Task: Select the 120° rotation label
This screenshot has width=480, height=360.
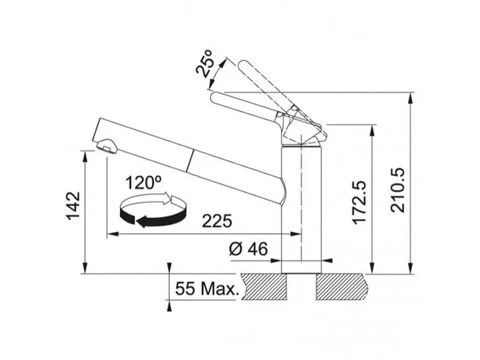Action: coord(143,183)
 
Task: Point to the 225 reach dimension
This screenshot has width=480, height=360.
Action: coord(217,221)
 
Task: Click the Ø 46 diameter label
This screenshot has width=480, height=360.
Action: coord(248,248)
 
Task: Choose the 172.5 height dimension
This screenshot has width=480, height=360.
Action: coord(359,202)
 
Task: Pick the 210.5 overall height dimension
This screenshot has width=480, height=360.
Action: coord(398,190)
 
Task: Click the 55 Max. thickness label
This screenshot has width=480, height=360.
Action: coord(206,289)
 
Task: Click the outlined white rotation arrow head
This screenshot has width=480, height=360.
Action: coord(167,199)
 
